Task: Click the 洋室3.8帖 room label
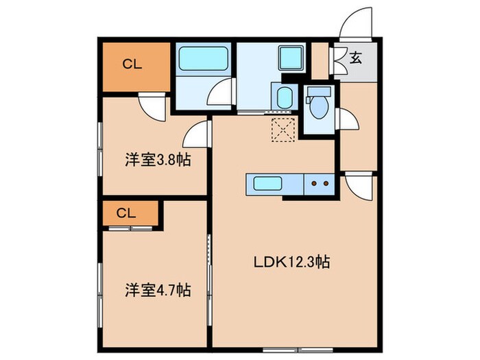click(x=157, y=160)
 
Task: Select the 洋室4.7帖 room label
click(x=157, y=290)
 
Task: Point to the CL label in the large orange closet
click(x=132, y=65)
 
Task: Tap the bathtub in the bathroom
click(x=202, y=60)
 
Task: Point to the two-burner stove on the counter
click(x=318, y=183)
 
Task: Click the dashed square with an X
click(x=282, y=129)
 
